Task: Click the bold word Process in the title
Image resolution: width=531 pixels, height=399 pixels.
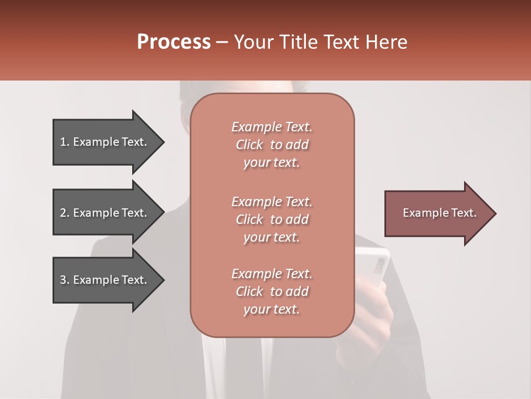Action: pyautogui.click(x=174, y=42)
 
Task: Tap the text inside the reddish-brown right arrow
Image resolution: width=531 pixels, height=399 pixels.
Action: pyautogui.click(x=439, y=213)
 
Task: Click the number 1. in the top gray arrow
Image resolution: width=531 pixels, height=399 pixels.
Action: pyautogui.click(x=64, y=142)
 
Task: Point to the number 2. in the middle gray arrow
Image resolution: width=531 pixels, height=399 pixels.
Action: pyautogui.click(x=64, y=213)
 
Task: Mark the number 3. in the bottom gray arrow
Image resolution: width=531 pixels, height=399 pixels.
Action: pyautogui.click(x=64, y=280)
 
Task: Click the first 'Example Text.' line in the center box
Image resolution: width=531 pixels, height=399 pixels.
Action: pyautogui.click(x=272, y=127)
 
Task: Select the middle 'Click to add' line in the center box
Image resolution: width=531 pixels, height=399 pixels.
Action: pyautogui.click(x=272, y=219)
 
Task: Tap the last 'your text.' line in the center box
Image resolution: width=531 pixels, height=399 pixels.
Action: pyautogui.click(x=272, y=310)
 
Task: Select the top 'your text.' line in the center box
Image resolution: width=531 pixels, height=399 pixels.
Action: pyautogui.click(x=272, y=163)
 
